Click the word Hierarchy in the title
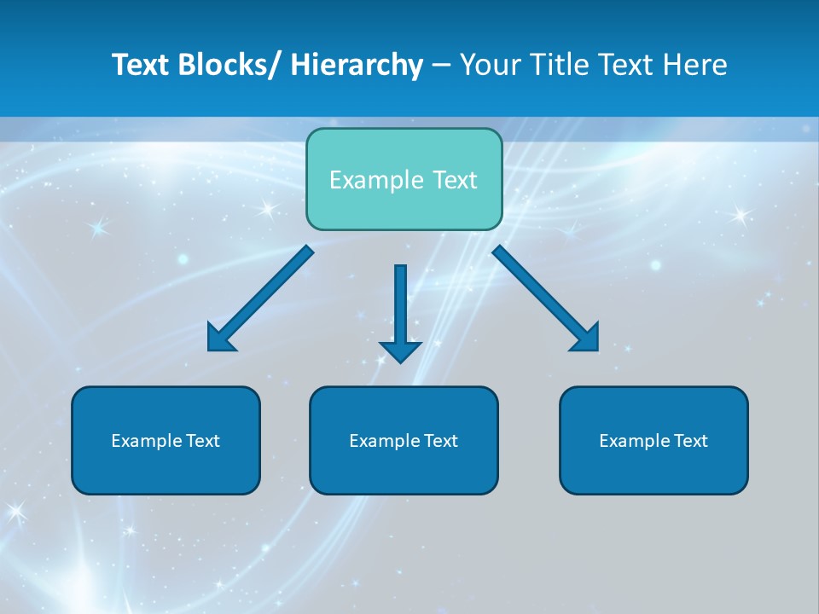tap(357, 65)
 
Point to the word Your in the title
tap(489, 65)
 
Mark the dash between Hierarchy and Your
tap(441, 66)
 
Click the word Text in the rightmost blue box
tap(690, 441)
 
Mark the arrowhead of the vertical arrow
tap(400, 351)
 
